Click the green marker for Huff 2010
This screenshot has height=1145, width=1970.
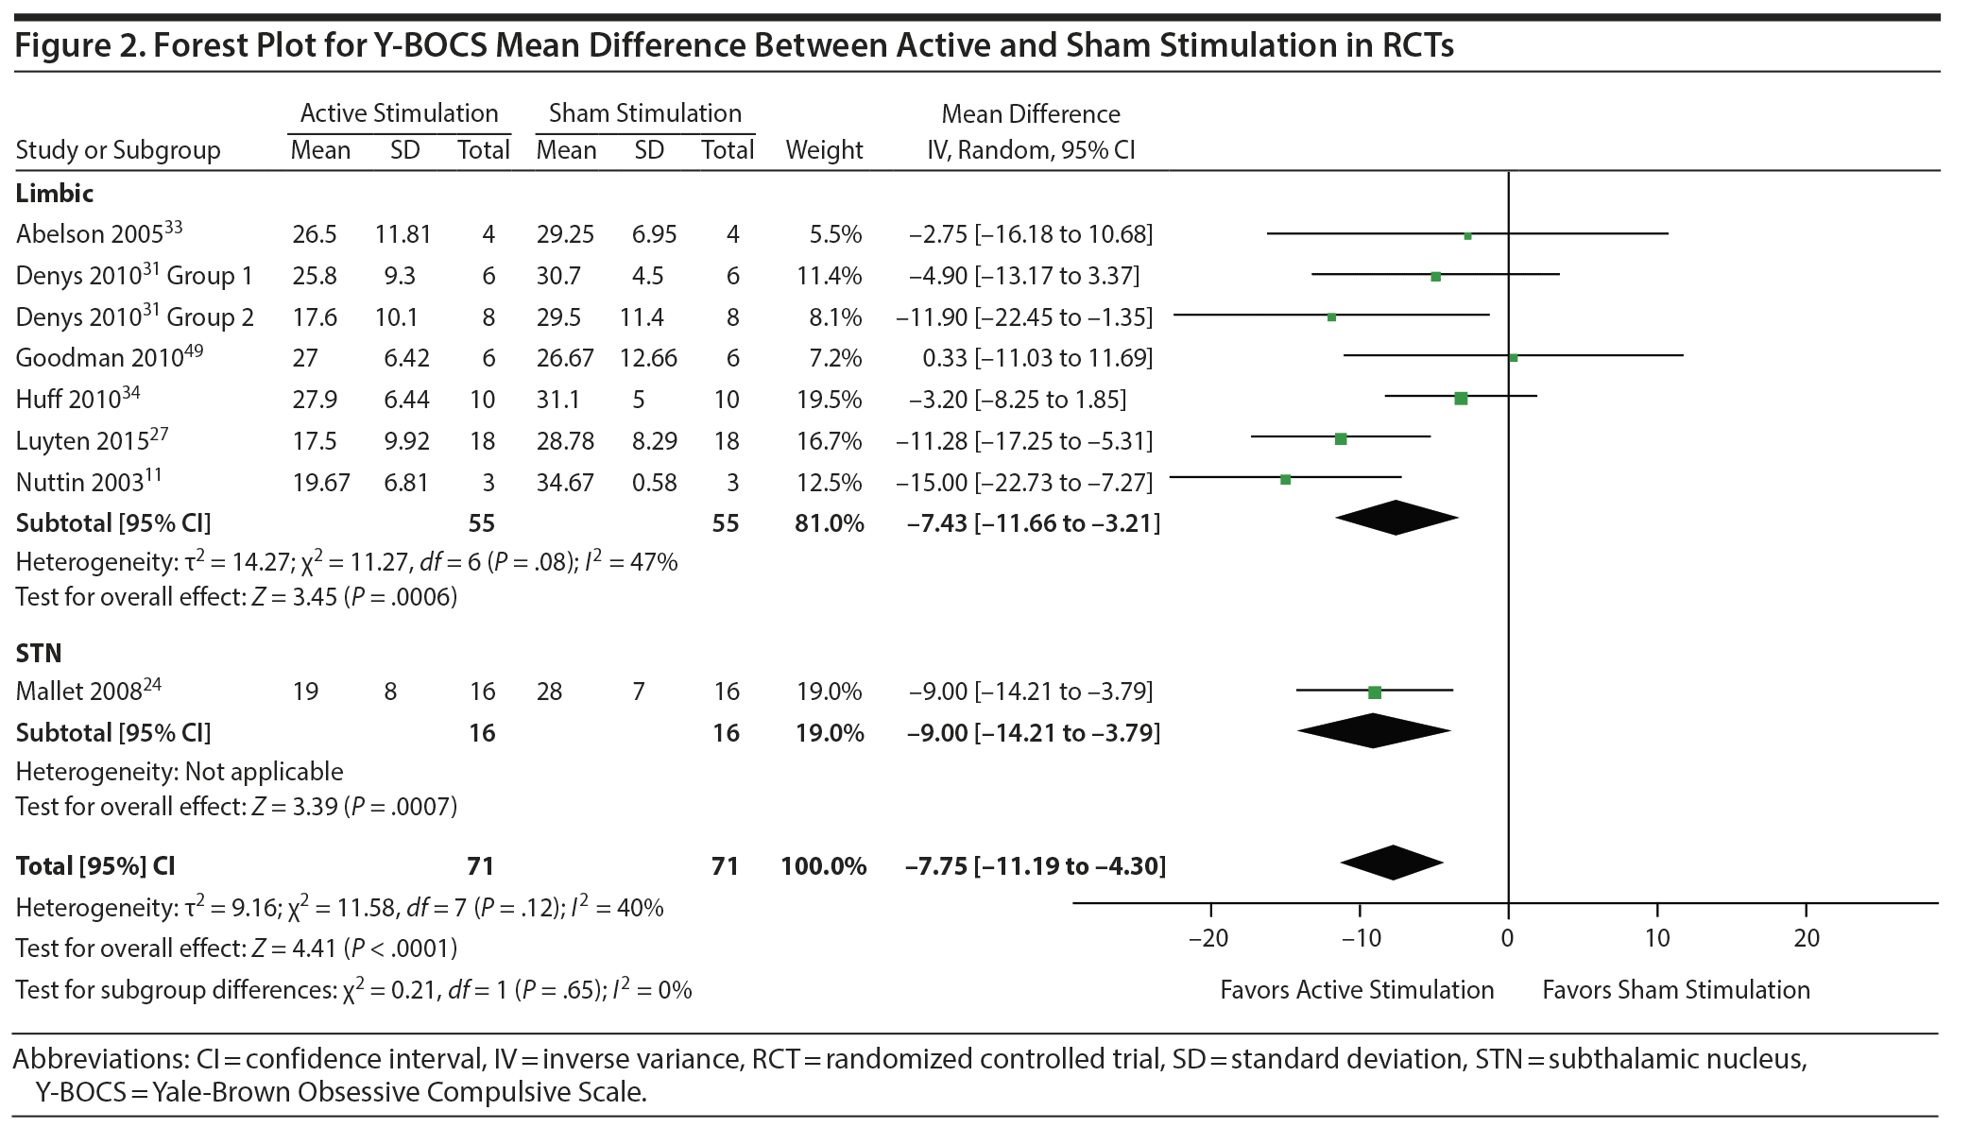click(x=1461, y=399)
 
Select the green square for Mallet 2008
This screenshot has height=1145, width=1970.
click(x=1375, y=692)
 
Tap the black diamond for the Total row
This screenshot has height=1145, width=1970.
click(x=1392, y=863)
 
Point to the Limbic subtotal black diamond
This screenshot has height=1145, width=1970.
click(x=1396, y=518)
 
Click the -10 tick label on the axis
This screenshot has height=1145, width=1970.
click(x=1361, y=938)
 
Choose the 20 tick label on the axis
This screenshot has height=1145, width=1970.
click(x=1807, y=938)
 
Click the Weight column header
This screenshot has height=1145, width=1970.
click(x=824, y=150)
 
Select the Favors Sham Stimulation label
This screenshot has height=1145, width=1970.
click(x=1676, y=990)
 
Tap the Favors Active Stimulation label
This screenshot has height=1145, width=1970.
click(x=1357, y=990)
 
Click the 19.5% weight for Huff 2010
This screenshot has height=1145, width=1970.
click(x=829, y=400)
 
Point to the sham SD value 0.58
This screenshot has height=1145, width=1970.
click(x=655, y=483)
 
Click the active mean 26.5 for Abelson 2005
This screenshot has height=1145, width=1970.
click(x=314, y=234)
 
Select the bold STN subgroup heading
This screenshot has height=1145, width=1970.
click(x=39, y=653)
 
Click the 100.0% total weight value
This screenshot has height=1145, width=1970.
click(x=823, y=866)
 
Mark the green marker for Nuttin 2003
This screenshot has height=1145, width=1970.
click(x=1285, y=480)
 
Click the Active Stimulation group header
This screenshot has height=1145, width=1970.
click(x=399, y=113)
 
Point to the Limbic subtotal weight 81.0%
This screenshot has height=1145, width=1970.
click(x=829, y=523)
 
